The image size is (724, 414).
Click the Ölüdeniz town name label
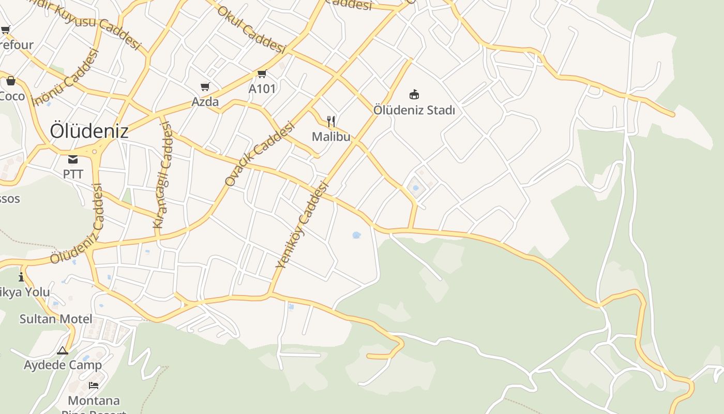click(89, 131)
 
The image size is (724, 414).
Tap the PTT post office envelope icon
click(73, 159)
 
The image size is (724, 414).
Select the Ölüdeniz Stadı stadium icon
click(414, 95)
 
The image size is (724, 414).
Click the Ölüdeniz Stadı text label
click(414, 110)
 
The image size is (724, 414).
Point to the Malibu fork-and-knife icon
click(331, 122)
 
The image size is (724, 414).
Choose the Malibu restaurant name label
click(331, 137)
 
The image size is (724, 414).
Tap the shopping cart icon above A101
click(262, 74)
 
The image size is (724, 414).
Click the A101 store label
click(262, 88)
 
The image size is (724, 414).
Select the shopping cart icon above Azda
click(205, 87)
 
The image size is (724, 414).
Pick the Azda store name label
click(205, 102)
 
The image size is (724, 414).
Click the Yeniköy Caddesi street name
click(303, 225)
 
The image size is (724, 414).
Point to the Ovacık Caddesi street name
click(260, 154)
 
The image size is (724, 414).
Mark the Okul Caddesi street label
click(251, 30)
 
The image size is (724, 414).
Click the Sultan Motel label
click(56, 319)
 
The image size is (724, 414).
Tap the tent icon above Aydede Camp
click(63, 351)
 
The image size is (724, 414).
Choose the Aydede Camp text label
click(63, 365)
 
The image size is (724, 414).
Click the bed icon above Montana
click(94, 386)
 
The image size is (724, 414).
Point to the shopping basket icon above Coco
click(11, 81)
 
